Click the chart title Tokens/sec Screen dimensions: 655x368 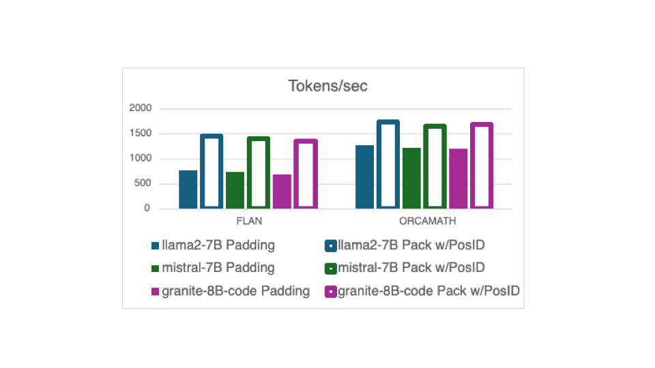(328, 86)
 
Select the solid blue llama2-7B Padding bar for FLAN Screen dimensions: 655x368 (188, 189)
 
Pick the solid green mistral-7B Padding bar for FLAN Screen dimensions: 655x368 (235, 190)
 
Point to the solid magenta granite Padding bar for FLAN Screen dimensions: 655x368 (282, 191)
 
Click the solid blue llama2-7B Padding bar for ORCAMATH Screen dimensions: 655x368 (364, 177)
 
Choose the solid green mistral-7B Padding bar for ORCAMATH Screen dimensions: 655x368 (411, 178)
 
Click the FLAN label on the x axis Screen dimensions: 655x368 (249, 221)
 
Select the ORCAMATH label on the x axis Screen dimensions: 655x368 (427, 221)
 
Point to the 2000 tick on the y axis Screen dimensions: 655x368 (141, 108)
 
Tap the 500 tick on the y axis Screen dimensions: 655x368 (143, 183)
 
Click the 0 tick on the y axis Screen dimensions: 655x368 (147, 209)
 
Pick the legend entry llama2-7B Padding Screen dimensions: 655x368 (213, 245)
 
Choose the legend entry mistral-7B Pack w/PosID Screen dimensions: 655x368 (405, 268)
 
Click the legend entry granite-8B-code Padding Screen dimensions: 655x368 (231, 291)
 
